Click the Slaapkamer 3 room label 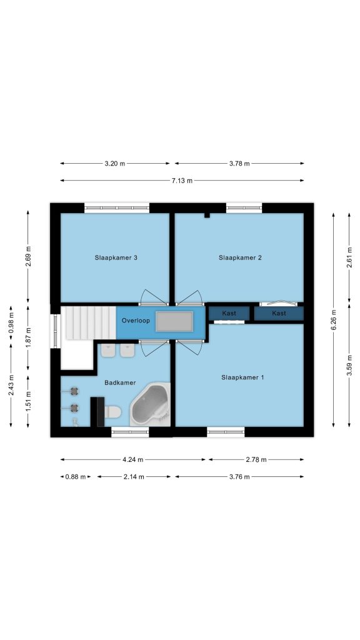116,257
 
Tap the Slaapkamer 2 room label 240,257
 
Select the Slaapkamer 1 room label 242,377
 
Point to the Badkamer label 120,383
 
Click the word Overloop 136,321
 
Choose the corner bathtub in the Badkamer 150,404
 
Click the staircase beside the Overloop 91,323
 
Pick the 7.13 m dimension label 182,181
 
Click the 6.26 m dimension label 333,319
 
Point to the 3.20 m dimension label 115,164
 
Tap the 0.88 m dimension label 76,477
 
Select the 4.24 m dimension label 133,459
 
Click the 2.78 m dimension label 256,459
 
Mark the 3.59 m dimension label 349,366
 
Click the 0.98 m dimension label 11,323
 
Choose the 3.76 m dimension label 239,477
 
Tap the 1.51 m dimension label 28,401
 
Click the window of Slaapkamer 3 117,207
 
